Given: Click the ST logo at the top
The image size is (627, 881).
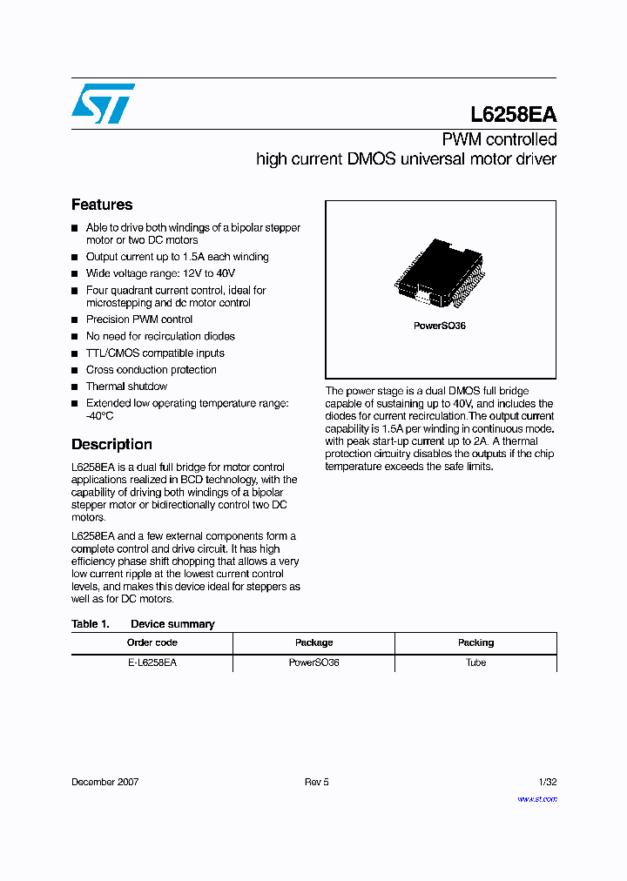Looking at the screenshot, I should [103, 104].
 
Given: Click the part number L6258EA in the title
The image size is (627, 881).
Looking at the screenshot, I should [513, 115].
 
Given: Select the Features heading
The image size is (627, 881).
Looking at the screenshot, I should [102, 205].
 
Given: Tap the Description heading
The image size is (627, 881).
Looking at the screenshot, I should [111, 444].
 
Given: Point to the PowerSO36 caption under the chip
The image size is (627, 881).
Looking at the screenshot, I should [440, 326].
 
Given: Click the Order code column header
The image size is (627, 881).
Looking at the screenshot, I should [152, 642].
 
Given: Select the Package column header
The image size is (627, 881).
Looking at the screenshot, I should [313, 642].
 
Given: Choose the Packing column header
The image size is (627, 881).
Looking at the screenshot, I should [475, 642].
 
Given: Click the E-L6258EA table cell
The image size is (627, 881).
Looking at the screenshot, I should [152, 662].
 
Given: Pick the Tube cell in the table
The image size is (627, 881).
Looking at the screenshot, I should [475, 662].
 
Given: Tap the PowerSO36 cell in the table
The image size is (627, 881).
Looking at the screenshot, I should [313, 662].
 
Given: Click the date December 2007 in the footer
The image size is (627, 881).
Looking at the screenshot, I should [104, 782].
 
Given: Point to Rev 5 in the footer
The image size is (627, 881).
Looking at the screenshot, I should [316, 782].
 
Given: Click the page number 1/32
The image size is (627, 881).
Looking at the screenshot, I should [546, 782].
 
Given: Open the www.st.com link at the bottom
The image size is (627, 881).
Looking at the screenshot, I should [536, 798].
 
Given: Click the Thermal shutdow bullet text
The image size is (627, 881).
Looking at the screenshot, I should [126, 387].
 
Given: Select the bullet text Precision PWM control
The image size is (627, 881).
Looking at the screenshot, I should [139, 319].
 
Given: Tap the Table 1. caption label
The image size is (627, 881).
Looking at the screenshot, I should [90, 624].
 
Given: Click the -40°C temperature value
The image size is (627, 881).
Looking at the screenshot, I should [100, 416].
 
